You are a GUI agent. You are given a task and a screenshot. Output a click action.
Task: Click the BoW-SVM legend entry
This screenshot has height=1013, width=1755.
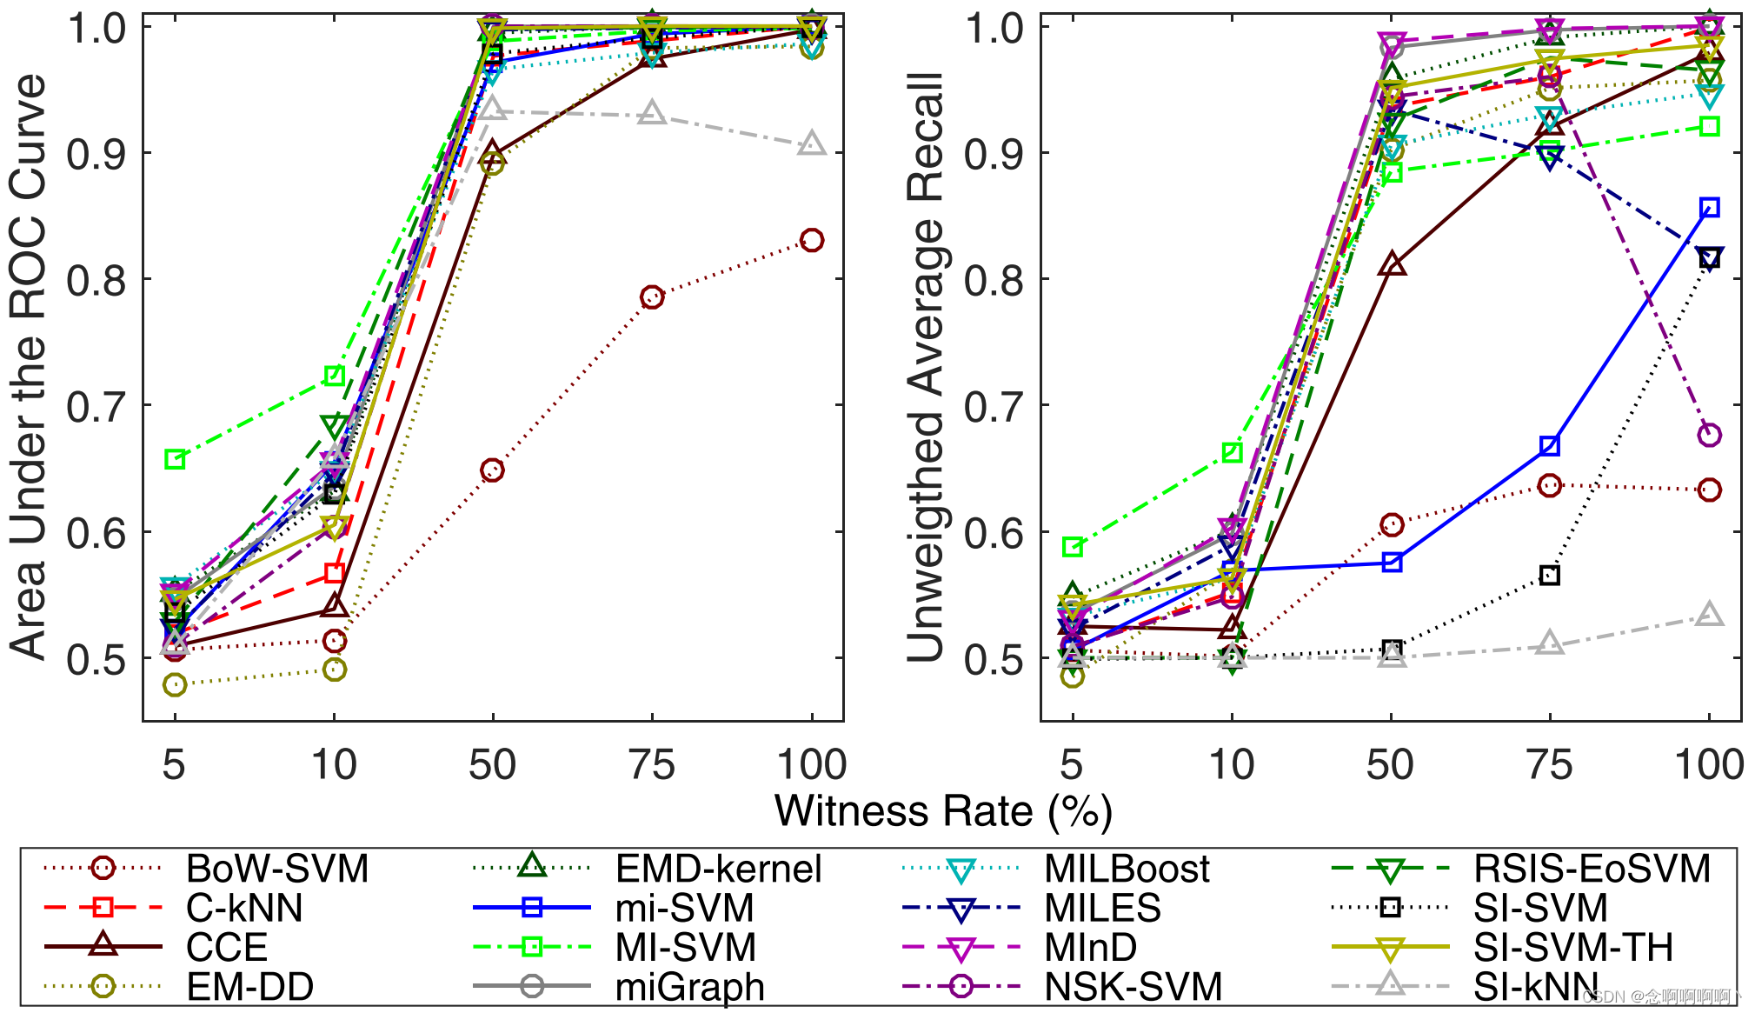(276, 869)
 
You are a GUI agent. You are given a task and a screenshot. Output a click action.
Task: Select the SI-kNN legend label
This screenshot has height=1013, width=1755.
(1535, 986)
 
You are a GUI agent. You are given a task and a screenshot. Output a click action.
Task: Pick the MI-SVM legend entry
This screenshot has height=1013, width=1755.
(685, 947)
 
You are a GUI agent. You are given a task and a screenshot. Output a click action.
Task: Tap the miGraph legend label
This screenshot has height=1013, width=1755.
(689, 986)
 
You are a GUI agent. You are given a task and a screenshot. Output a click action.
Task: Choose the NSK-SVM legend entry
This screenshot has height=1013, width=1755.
(1133, 986)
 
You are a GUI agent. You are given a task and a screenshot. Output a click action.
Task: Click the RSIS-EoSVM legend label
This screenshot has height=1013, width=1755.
(1592, 869)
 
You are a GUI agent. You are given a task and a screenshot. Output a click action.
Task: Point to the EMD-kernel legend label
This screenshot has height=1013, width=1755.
(718, 869)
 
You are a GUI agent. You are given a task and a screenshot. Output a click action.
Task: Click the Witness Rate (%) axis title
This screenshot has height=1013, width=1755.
(943, 810)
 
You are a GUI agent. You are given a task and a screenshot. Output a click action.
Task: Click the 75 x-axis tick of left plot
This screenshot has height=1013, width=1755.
(652, 765)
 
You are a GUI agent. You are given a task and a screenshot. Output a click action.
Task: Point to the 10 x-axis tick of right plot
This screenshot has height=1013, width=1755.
(1232, 765)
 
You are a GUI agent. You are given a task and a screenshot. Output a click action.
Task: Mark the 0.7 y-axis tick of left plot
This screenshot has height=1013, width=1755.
(97, 406)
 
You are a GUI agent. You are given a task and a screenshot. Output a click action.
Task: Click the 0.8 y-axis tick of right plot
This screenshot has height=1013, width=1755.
(994, 280)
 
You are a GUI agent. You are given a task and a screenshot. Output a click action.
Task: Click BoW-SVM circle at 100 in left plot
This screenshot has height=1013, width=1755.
(812, 240)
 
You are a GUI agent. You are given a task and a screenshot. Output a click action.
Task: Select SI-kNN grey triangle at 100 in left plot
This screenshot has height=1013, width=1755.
(812, 144)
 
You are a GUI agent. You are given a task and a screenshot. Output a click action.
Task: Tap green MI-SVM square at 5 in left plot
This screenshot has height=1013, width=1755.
(175, 459)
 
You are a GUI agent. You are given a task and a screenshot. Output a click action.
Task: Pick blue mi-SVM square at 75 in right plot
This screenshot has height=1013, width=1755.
(1549, 446)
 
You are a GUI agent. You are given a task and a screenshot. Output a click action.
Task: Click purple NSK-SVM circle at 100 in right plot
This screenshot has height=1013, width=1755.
(1709, 435)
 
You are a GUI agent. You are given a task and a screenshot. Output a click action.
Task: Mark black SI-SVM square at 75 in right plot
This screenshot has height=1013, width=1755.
(1549, 576)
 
